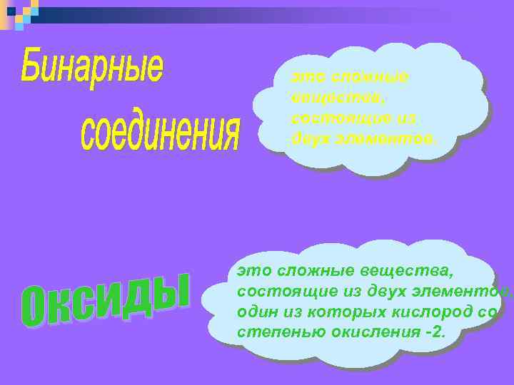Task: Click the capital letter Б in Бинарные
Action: [x=32, y=68]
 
